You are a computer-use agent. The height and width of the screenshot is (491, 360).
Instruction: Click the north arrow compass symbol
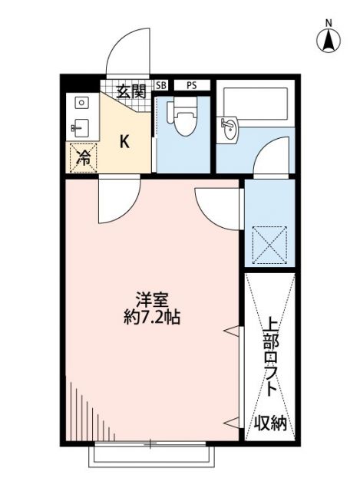point(328,40)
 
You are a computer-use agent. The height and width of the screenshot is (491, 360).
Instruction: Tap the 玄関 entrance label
point(131,91)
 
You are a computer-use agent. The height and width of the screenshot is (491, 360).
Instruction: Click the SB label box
point(161,86)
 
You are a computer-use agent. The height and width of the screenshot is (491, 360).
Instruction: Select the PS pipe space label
point(190,86)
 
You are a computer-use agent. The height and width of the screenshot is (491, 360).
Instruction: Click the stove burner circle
point(82,101)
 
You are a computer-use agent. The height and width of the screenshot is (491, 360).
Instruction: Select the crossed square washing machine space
point(269,244)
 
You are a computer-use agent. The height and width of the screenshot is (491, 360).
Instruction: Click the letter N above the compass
point(328,21)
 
